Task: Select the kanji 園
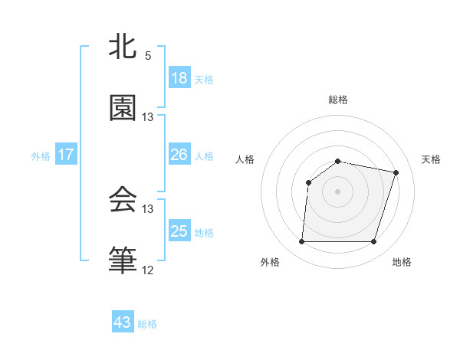pos(123,109)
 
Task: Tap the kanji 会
pos(123,201)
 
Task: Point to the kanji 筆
pos(123,260)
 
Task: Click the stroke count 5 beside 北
pos(148,56)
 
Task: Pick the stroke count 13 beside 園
pos(148,117)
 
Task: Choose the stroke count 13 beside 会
pos(148,208)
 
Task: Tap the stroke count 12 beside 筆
pos(148,270)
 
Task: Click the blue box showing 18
pos(179,78)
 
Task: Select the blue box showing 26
pos(179,155)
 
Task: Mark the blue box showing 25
pos(179,231)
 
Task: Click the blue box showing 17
pos(66,155)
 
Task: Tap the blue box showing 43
pos(123,322)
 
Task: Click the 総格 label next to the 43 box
pos(147,324)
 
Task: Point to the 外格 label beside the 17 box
pos(41,156)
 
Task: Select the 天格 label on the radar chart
pos(432,159)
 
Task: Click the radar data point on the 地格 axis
pos(373,242)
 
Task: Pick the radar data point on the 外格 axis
pos(301,242)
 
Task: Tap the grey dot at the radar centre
pos(337,191)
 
